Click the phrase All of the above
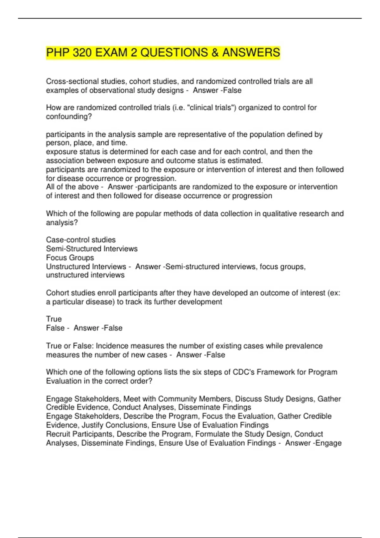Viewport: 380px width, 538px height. pos(73,187)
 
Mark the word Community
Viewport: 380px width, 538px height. pos(183,399)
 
